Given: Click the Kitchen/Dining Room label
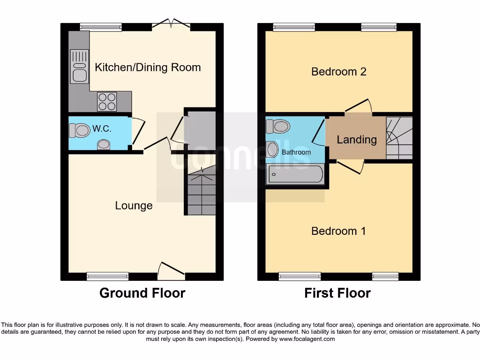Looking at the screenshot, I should pyautogui.click(x=148, y=67).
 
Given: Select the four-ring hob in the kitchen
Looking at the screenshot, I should pyautogui.click(x=107, y=101).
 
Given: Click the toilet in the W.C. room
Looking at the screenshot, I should pyautogui.click(x=79, y=129).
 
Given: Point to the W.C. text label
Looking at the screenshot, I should pyautogui.click(x=102, y=129).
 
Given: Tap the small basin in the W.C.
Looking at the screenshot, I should pyautogui.click(x=104, y=146).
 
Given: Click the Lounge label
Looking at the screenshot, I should pyautogui.click(x=134, y=205).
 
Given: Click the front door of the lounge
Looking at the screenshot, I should pyautogui.click(x=171, y=269).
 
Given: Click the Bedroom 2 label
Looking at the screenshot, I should pyautogui.click(x=338, y=72).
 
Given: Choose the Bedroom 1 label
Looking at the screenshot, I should pyautogui.click(x=338, y=231).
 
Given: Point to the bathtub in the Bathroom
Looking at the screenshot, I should pyautogui.click(x=295, y=174).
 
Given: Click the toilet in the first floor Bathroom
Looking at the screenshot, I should pyautogui.click(x=277, y=126).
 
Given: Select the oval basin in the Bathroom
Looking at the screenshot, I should pyautogui.click(x=272, y=150).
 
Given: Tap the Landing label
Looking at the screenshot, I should pyautogui.click(x=356, y=139).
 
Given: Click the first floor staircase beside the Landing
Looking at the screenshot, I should pyautogui.click(x=399, y=138).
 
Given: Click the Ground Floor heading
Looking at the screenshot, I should pyautogui.click(x=142, y=293).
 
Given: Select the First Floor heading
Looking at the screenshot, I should pyautogui.click(x=337, y=293).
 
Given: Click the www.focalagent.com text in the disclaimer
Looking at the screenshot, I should pyautogui.click(x=307, y=339).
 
